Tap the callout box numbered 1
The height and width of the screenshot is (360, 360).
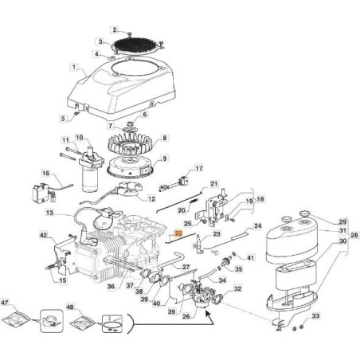[x=74, y=68]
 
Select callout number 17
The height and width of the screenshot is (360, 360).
[x=199, y=169]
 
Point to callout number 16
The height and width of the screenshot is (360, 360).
[x=45, y=173]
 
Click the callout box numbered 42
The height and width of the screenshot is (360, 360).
[x=43, y=236]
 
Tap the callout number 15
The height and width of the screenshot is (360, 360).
[x=61, y=279]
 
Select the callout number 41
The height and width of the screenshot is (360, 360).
[x=251, y=257]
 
